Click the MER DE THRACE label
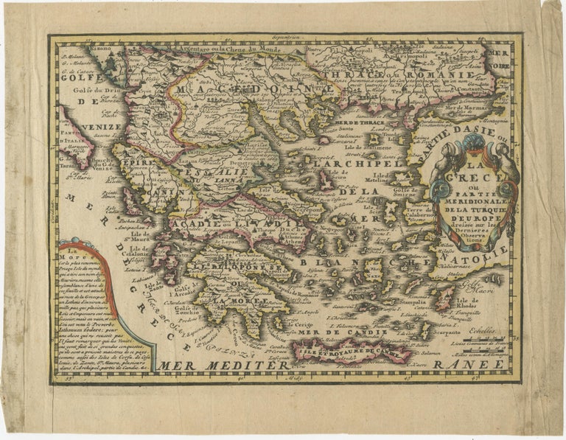pyautogui.click(x=354, y=122)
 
